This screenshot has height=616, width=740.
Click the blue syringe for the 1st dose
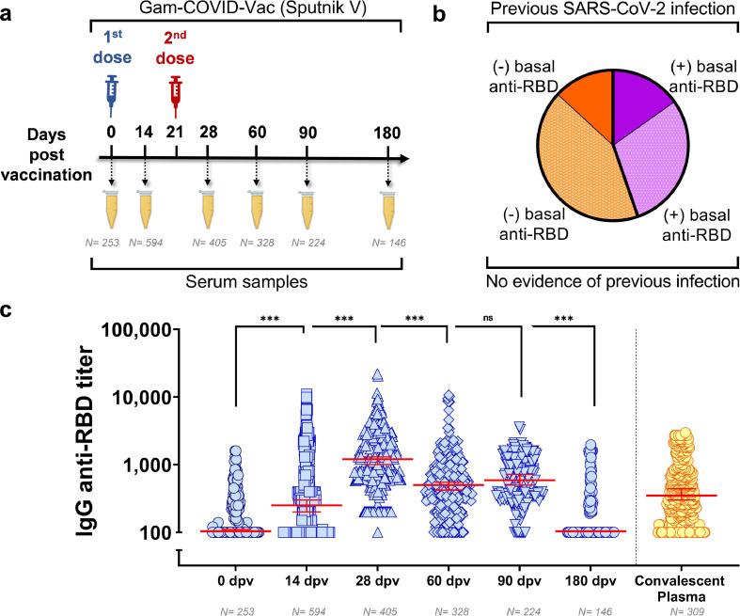point(111,96)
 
